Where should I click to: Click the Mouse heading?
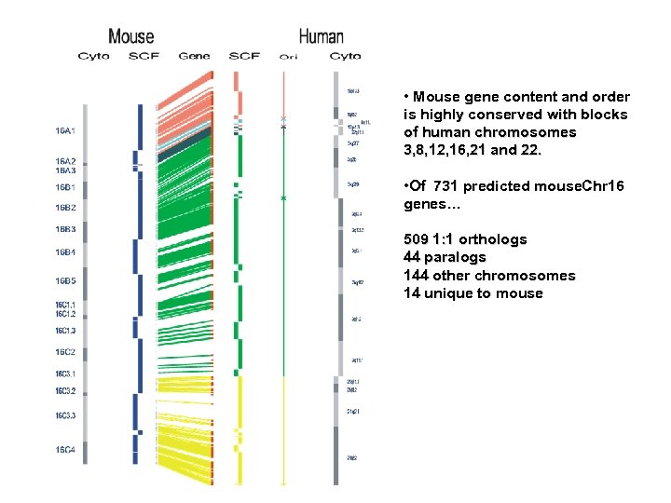click(131, 36)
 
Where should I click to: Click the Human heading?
click(321, 36)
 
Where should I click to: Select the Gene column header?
click(194, 56)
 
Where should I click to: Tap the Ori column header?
click(288, 57)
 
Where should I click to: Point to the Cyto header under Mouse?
click(93, 56)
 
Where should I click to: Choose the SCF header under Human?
click(244, 56)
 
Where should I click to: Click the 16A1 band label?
click(65, 131)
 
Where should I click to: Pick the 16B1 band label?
click(65, 188)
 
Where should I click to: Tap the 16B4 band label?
click(65, 252)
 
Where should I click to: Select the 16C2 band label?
click(65, 352)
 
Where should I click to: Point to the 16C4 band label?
click(65, 450)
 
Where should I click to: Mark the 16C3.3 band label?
click(65, 415)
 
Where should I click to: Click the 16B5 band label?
click(65, 280)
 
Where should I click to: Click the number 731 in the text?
click(448, 186)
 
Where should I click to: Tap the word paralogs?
click(456, 257)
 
